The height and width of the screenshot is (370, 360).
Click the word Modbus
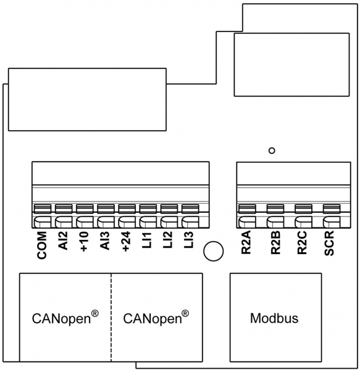[274, 319]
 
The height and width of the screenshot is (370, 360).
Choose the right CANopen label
[155, 318]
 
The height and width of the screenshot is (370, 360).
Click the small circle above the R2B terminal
[271, 150]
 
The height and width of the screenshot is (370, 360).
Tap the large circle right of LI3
[214, 250]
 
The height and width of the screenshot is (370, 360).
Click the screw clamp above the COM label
[43, 208]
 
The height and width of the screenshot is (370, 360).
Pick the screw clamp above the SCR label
[330, 208]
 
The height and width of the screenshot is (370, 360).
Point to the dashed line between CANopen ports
[112, 318]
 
